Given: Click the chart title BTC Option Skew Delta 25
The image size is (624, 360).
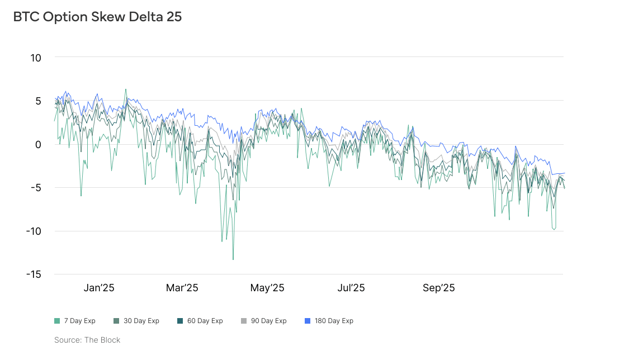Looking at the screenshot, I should tap(97, 17).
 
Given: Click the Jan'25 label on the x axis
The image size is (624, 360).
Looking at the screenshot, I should tap(99, 288).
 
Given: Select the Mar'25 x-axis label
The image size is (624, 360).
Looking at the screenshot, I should tap(182, 288).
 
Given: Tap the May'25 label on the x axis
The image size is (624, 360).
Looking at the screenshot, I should tap(267, 288).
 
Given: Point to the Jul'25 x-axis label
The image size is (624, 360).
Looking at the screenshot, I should tap(351, 288).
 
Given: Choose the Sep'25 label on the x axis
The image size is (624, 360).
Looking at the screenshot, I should tap(439, 288).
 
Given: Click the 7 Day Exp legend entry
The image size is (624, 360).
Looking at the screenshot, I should tap(75, 321).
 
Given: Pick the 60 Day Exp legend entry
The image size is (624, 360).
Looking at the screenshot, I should tap(202, 321).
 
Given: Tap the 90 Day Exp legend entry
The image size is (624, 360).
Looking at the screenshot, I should tap(266, 321).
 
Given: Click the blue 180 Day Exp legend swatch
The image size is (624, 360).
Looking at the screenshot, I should tap(307, 321).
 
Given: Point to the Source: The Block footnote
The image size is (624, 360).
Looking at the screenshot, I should tap(87, 340).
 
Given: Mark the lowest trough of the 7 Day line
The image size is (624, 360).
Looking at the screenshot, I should tap(233, 259).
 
